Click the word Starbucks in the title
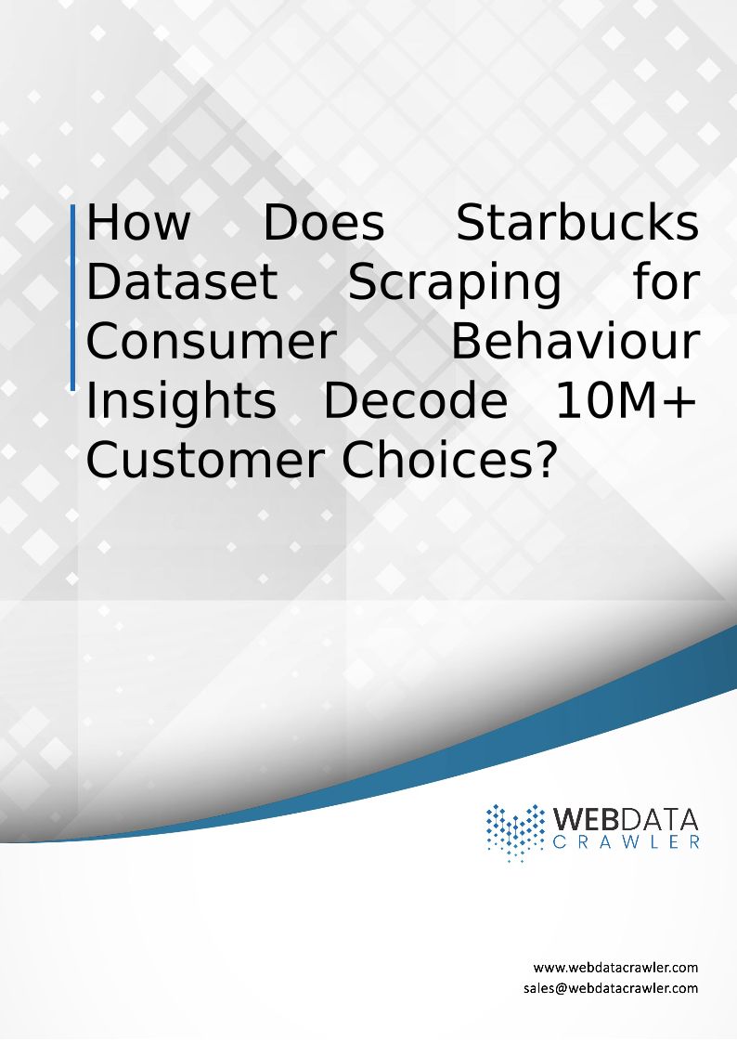[x=577, y=222]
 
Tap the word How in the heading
[x=138, y=222]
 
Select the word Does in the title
[x=324, y=222]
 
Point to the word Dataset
[x=182, y=281]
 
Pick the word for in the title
[x=666, y=281]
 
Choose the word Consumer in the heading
[x=212, y=342]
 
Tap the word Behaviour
[x=575, y=342]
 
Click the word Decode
[x=416, y=400]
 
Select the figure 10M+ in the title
[x=627, y=400]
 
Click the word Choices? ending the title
[x=447, y=461]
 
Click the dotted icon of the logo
[x=514, y=832]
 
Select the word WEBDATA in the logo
[x=626, y=819]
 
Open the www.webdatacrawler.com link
[x=615, y=967]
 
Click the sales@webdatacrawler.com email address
[x=611, y=988]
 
